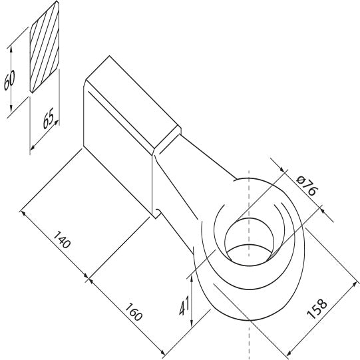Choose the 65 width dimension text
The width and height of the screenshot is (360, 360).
pyautogui.click(x=47, y=120)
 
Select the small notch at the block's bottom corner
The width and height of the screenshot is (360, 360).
pyautogui.click(x=156, y=213)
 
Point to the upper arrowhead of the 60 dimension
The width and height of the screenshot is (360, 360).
pyautogui.click(x=11, y=48)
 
